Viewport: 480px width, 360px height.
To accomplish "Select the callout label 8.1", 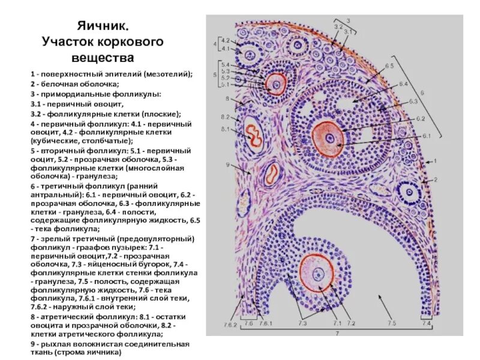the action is [x=225, y=129].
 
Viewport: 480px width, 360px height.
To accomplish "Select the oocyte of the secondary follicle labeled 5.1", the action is [x=277, y=84].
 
